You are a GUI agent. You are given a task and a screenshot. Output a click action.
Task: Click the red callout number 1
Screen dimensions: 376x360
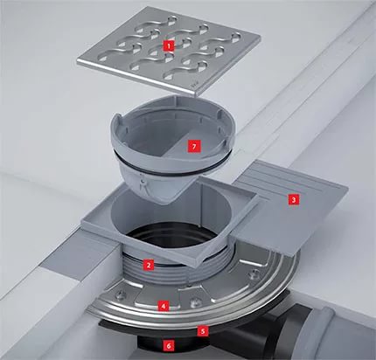tap(169, 45)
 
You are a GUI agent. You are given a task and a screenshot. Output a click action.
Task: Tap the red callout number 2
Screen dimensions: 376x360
tap(149, 265)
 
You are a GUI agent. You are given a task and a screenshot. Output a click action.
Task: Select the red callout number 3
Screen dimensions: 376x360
tap(294, 200)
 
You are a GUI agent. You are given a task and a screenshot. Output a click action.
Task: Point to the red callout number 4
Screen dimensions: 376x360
tap(164, 306)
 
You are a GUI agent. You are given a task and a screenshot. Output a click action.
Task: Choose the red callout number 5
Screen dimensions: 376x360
tap(203, 331)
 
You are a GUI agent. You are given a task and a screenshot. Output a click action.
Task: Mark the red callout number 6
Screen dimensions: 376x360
tap(169, 346)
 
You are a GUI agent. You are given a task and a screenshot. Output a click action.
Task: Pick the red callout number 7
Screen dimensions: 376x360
tap(194, 146)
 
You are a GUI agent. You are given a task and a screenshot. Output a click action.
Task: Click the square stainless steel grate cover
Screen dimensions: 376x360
tap(169, 50)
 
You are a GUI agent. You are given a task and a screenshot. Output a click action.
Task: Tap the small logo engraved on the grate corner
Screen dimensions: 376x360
tap(193, 86)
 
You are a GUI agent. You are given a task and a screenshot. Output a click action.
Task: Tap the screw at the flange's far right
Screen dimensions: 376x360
tap(255, 273)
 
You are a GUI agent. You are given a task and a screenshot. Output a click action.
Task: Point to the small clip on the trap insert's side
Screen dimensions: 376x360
tap(143, 182)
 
